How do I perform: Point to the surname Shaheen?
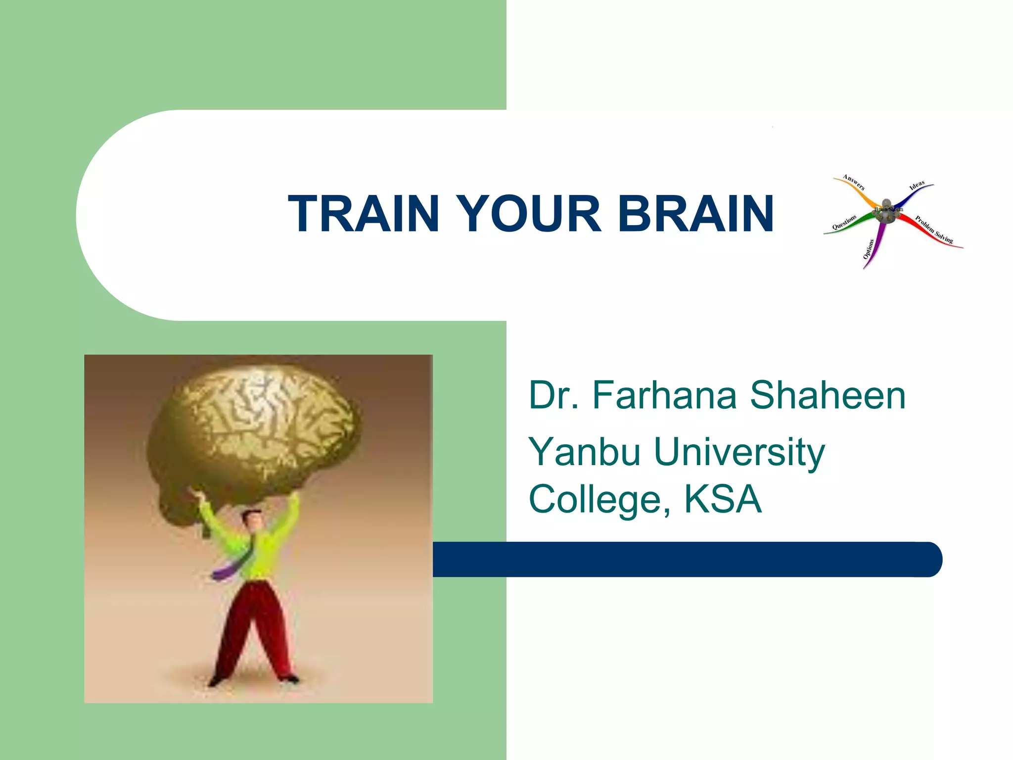(828, 395)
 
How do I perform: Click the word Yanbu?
(584, 453)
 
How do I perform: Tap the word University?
(739, 453)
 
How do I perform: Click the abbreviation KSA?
(723, 500)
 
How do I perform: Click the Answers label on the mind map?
(854, 182)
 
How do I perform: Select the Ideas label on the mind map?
(917, 186)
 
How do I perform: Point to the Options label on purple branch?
(869, 249)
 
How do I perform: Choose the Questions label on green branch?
(844, 223)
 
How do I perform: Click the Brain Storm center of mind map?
(888, 210)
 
